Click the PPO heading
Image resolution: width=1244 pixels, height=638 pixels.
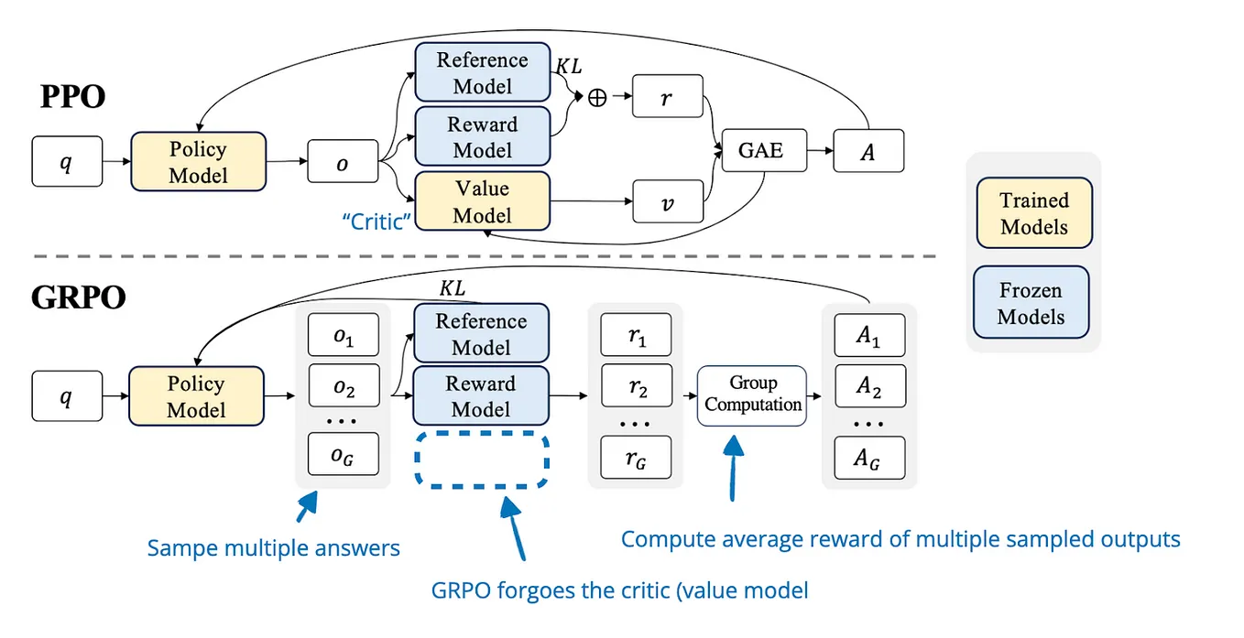(72, 96)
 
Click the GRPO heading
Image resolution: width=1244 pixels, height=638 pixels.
(79, 297)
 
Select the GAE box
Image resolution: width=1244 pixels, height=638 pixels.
(760, 151)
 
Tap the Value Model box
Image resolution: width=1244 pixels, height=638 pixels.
(482, 202)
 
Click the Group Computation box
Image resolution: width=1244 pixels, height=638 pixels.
(752, 395)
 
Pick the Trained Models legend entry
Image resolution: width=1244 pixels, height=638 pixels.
(1033, 213)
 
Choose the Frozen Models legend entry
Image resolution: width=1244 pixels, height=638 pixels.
(1031, 304)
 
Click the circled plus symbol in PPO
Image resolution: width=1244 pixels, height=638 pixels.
(596, 98)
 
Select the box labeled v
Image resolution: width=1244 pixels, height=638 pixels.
(668, 201)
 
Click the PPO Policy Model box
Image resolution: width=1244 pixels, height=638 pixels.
(198, 161)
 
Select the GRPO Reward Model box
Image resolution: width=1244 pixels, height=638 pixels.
(482, 396)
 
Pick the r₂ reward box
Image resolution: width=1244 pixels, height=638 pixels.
(636, 390)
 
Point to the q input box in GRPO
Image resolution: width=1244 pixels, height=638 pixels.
(66, 397)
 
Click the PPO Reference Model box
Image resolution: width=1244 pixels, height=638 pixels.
(482, 73)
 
